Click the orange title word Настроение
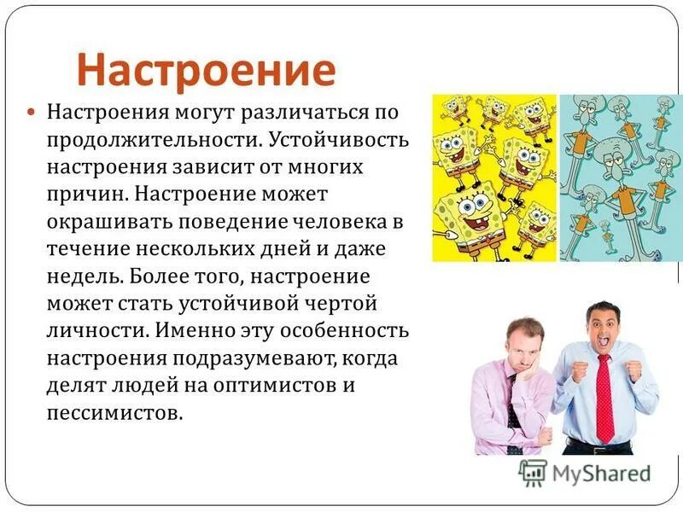pyautogui.click(x=206, y=69)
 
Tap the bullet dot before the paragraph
pyautogui.click(x=31, y=112)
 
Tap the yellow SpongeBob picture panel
pyautogui.click(x=493, y=177)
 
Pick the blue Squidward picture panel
pyautogui.click(x=621, y=177)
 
